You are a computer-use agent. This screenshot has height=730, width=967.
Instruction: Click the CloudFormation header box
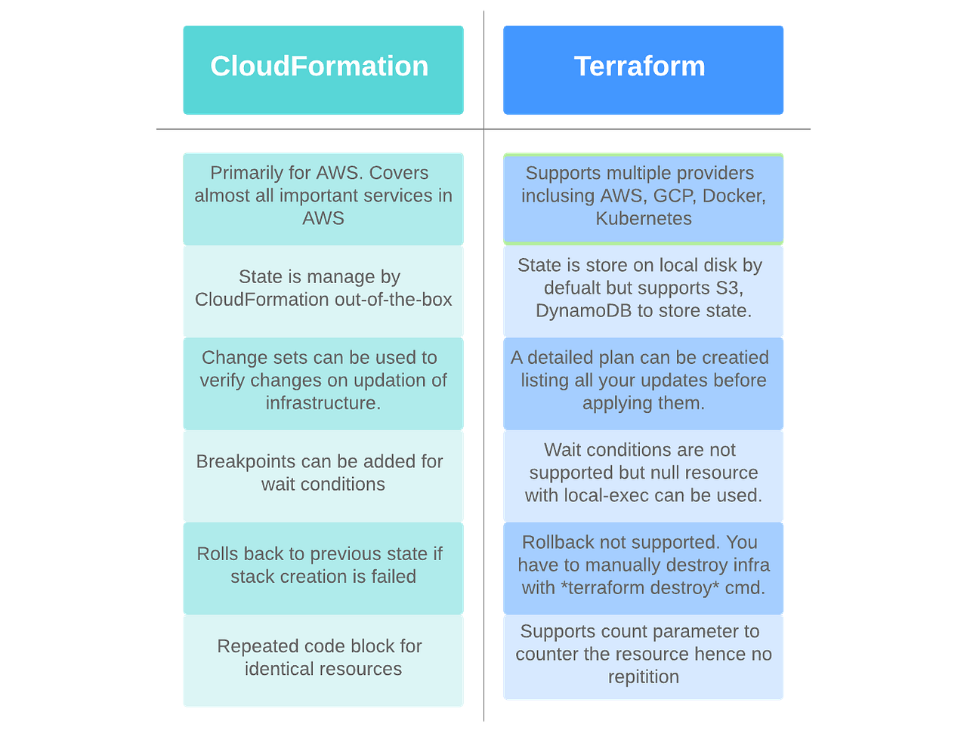[x=323, y=70]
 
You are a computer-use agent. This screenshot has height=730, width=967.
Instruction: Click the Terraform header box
[x=642, y=70]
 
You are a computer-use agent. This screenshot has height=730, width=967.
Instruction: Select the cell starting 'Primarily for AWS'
[x=323, y=198]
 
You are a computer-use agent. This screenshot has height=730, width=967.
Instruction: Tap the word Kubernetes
[x=643, y=219]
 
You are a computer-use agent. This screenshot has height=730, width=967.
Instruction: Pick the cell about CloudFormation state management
[x=323, y=291]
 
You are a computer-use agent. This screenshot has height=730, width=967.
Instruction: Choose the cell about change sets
[x=323, y=383]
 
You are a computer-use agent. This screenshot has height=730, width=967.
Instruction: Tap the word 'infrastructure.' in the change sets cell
[x=323, y=403]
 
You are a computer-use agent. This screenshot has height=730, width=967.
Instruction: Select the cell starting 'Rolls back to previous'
[x=323, y=567]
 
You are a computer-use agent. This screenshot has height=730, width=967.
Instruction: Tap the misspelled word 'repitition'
[x=643, y=677]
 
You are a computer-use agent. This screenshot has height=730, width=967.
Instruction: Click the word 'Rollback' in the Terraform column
[x=558, y=543]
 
